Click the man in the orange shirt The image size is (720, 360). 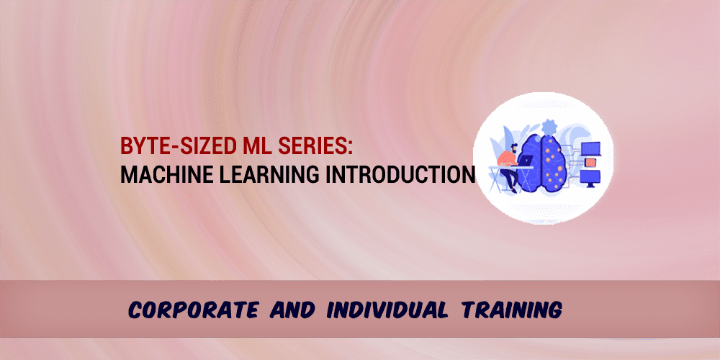click(508, 166)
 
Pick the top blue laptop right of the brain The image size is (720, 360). click(591, 148)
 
